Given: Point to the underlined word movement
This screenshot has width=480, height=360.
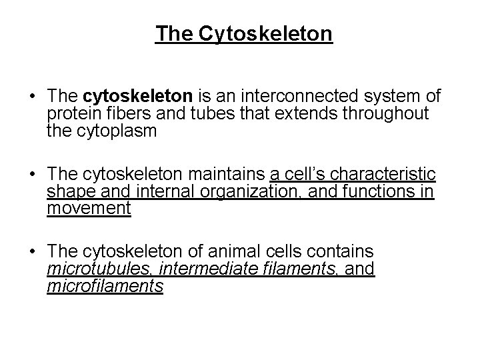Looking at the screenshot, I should click(x=89, y=209).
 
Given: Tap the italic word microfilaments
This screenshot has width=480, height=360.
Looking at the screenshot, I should click(x=105, y=286).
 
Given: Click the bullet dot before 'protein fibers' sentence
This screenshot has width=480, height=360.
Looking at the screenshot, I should click(x=32, y=99).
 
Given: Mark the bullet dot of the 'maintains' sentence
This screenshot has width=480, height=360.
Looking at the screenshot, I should click(x=32, y=176).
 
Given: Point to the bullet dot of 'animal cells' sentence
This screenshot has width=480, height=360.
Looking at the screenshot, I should click(x=32, y=253).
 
